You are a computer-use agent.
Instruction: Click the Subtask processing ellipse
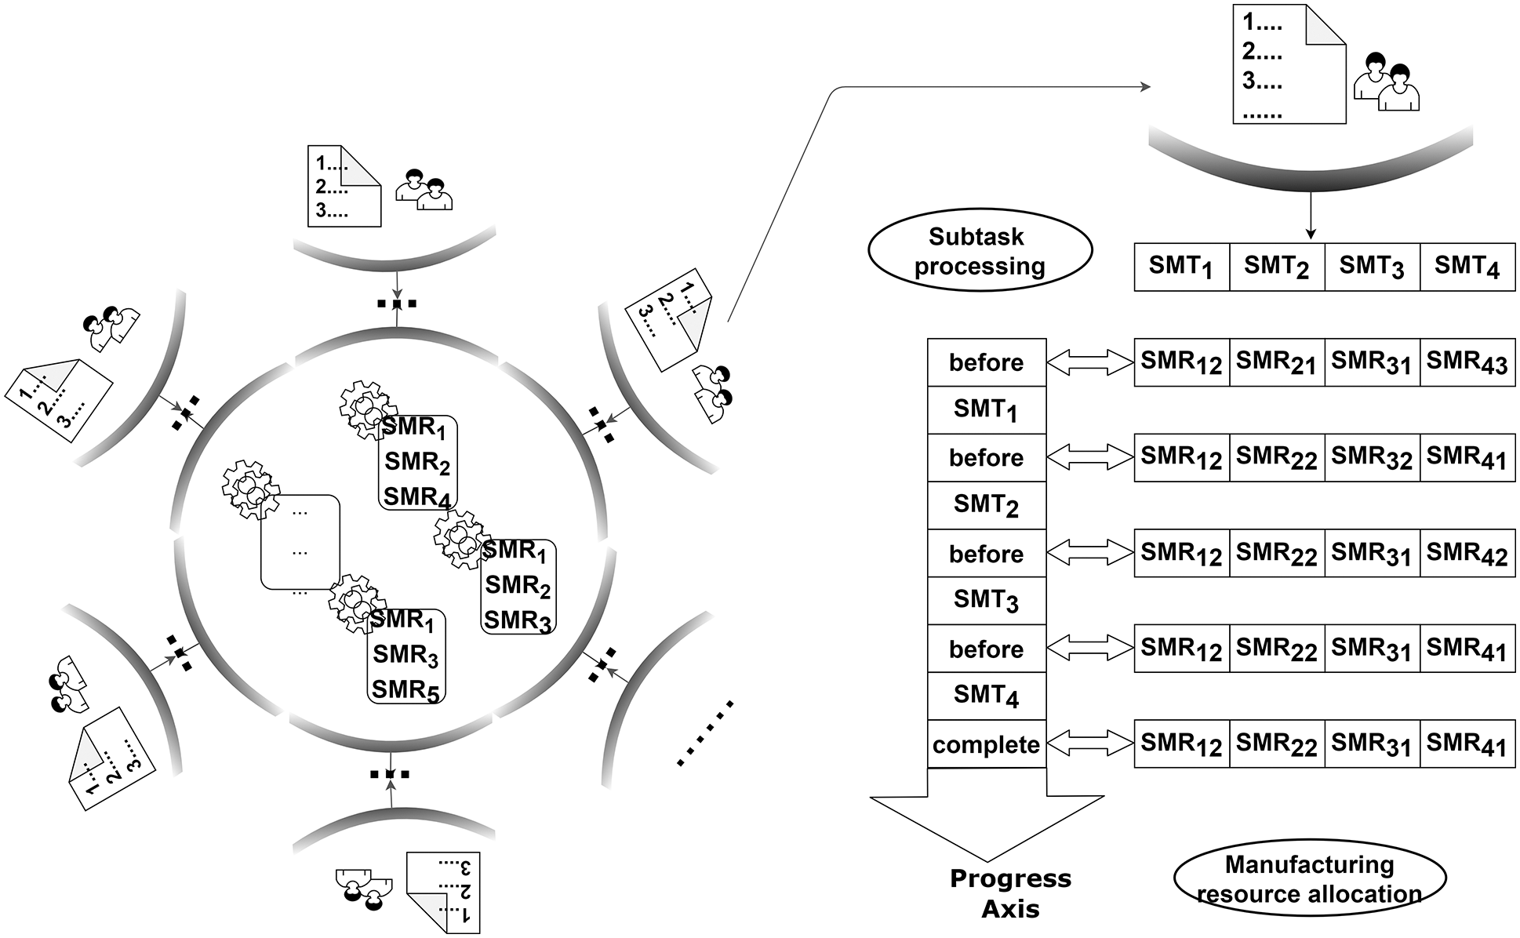pyautogui.click(x=980, y=251)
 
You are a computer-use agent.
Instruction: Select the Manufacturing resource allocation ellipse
pyautogui.click(x=1309, y=879)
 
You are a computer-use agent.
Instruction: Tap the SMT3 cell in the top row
pyautogui.click(x=1371, y=267)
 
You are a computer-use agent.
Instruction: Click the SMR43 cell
pyautogui.click(x=1467, y=362)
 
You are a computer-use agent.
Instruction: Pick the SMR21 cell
pyautogui.click(x=1276, y=362)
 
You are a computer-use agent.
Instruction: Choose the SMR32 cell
pyautogui.click(x=1371, y=458)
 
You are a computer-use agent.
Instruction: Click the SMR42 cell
pyautogui.click(x=1467, y=554)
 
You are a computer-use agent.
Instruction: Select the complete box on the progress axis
pyautogui.click(x=986, y=744)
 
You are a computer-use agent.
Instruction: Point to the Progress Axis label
pyautogui.click(x=1010, y=893)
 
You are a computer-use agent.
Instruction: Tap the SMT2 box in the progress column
pyautogui.click(x=986, y=505)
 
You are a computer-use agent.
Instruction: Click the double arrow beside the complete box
pyautogui.click(x=1090, y=743)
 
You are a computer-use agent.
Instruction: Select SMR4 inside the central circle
pyautogui.click(x=416, y=497)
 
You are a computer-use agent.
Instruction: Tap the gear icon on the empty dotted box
pyautogui.click(x=250, y=491)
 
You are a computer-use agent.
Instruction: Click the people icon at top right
pyautogui.click(x=1386, y=82)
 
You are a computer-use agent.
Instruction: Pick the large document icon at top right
pyautogui.click(x=1289, y=64)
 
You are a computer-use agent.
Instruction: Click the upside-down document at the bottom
pyautogui.click(x=443, y=892)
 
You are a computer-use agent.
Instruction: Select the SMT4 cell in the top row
pyautogui.click(x=1467, y=267)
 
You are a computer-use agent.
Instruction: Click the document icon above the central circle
pyautogui.click(x=344, y=187)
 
